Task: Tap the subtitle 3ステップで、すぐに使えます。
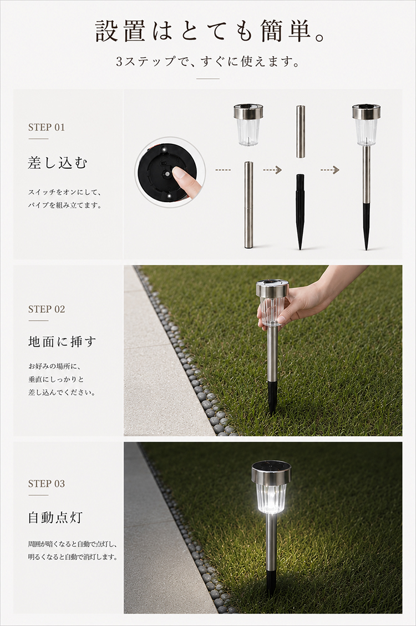(208, 62)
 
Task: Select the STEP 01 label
(46, 127)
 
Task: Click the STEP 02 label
(46, 309)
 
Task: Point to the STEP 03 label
(46, 484)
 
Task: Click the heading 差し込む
(58, 163)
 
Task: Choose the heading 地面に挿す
(62, 342)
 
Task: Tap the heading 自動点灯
(55, 518)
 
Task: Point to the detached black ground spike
(300, 212)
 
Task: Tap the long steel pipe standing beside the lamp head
(250, 204)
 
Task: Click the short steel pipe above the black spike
(300, 131)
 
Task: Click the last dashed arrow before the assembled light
(330, 170)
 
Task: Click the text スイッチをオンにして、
(64, 192)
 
